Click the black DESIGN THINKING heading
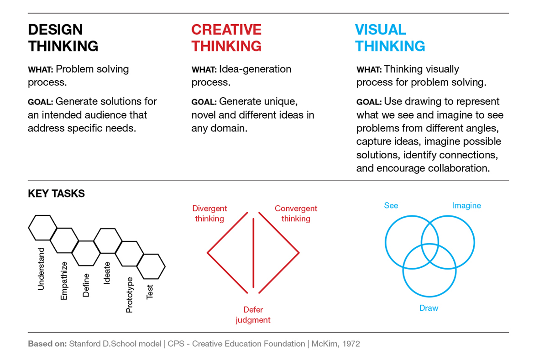(x=63, y=38)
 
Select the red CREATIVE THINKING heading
(x=226, y=38)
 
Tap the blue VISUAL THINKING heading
(x=390, y=38)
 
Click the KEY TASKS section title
(x=57, y=193)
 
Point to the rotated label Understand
(x=41, y=269)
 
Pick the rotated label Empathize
(x=64, y=281)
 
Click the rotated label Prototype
(x=129, y=295)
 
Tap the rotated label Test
(x=150, y=292)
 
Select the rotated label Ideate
(x=107, y=273)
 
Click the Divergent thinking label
(x=209, y=214)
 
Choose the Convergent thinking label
(x=296, y=214)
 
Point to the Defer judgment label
(x=253, y=315)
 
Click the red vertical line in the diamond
(x=253, y=253)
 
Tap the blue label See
(x=391, y=205)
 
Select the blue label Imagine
(x=466, y=205)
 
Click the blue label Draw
(x=429, y=308)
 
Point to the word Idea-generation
(x=256, y=69)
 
